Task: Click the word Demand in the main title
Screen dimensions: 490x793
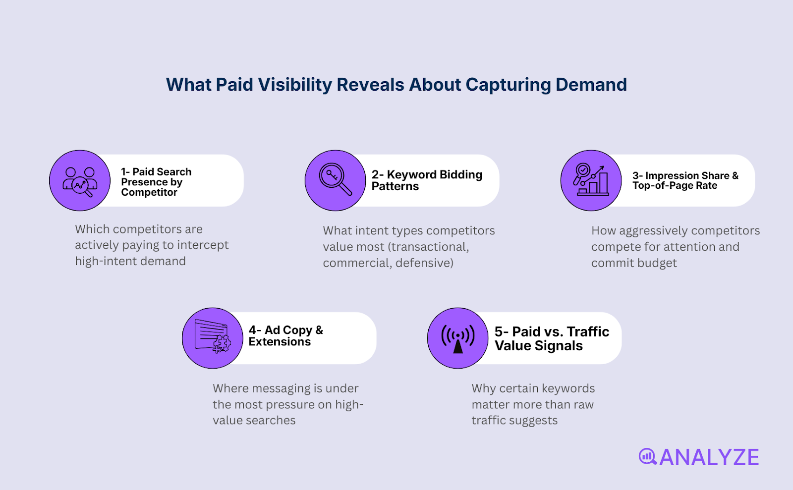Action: coord(591,85)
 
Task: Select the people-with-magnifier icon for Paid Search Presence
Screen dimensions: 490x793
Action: coord(80,181)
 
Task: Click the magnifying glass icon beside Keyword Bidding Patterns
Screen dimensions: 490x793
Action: coord(336,180)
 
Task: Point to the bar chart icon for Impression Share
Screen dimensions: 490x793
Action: coord(591,180)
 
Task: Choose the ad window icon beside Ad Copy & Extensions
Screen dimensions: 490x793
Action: coord(213,338)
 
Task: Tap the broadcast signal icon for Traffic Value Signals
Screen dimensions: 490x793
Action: coord(458,338)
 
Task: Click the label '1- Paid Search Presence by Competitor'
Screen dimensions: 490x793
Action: coord(156,182)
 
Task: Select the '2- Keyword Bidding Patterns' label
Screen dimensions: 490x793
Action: coord(427,180)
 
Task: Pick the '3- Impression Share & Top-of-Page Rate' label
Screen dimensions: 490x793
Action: coord(685,180)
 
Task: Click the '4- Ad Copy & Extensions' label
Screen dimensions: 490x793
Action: coord(285,336)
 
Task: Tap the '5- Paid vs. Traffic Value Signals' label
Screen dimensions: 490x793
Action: coord(552,338)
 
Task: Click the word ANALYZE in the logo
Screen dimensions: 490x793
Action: coord(709,457)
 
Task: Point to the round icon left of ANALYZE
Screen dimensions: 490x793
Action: coord(647,456)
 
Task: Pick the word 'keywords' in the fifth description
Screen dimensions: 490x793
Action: coord(568,388)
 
